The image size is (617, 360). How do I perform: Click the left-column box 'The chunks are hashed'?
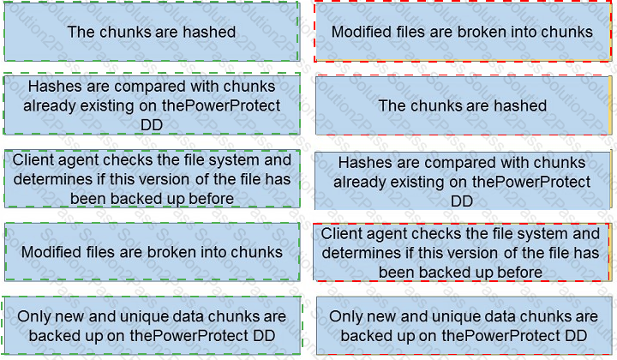pyautogui.click(x=152, y=32)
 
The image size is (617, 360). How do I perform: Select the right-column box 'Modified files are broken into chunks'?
pyautogui.click(x=463, y=32)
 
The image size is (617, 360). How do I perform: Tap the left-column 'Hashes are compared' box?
pyautogui.click(x=152, y=105)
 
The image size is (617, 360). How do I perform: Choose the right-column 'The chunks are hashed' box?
pyautogui.click(x=463, y=105)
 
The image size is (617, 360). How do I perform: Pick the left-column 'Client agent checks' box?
pyautogui.click(x=152, y=178)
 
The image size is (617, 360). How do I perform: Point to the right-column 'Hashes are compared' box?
pyautogui.click(x=463, y=181)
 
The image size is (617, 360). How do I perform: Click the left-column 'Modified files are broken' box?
pyautogui.click(x=152, y=252)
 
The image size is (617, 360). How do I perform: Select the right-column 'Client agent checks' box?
pyautogui.click(x=462, y=252)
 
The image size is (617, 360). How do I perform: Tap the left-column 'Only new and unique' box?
pyautogui.click(x=152, y=326)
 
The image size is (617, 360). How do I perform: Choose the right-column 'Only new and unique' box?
pyautogui.click(x=464, y=326)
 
